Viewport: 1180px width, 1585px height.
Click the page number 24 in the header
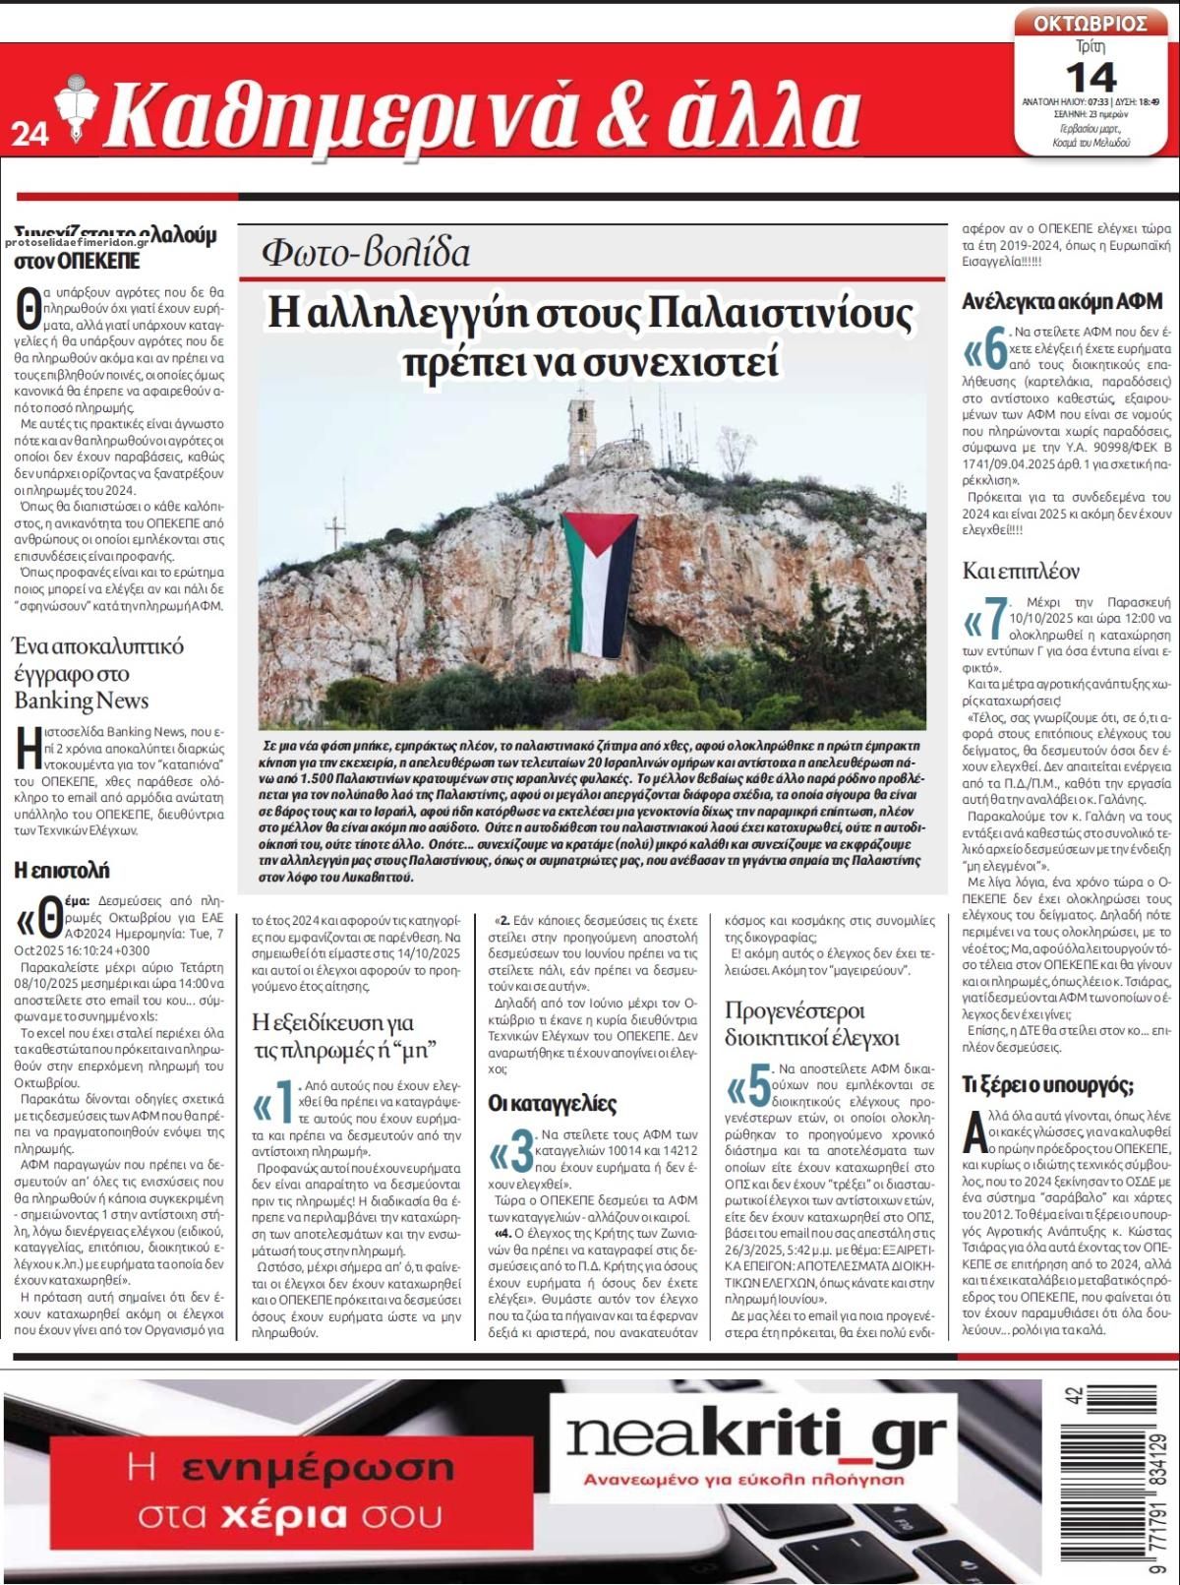(29, 135)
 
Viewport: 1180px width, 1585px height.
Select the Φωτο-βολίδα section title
(365, 253)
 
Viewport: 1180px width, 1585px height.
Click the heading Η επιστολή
(62, 870)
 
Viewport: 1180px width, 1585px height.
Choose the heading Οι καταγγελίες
(552, 1103)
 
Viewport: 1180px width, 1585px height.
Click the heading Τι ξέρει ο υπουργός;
(1047, 1085)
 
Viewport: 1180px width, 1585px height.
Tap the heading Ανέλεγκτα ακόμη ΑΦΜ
(1062, 301)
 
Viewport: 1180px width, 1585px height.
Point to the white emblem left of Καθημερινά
(72, 110)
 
